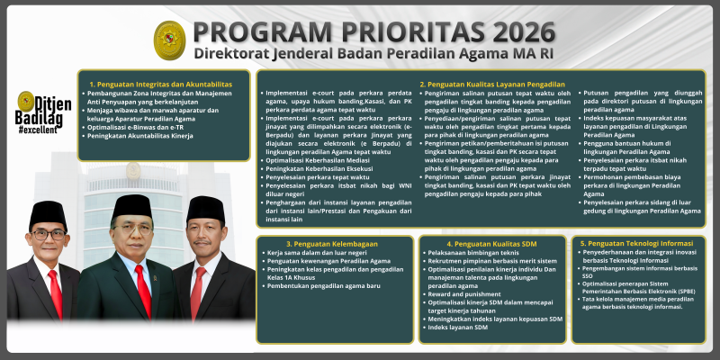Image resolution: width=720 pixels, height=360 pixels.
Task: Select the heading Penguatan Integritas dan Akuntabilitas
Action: pyautogui.click(x=161, y=84)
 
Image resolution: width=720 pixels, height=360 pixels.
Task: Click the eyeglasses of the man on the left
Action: pyautogui.click(x=47, y=235)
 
